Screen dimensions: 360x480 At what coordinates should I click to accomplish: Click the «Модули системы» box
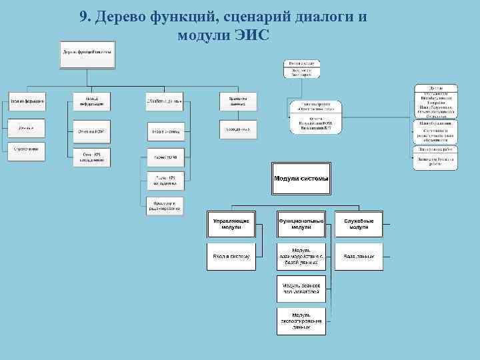tap(301, 178)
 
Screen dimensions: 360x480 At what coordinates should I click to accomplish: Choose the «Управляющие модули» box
tap(231, 224)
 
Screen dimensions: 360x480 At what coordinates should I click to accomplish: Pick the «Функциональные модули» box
tap(301, 224)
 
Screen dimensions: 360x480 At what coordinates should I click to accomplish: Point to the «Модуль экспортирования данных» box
tap(301, 321)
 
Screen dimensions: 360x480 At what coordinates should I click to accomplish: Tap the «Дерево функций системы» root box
tap(87, 54)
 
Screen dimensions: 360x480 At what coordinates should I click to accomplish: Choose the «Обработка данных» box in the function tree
tap(165, 101)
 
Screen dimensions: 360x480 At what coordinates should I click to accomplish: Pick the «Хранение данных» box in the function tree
tap(238, 101)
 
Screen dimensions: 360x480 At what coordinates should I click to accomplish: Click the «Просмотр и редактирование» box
tap(165, 206)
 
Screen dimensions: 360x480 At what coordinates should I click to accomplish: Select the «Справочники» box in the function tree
tap(27, 149)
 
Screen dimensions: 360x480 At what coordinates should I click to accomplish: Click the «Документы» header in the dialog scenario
tap(435, 87)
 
